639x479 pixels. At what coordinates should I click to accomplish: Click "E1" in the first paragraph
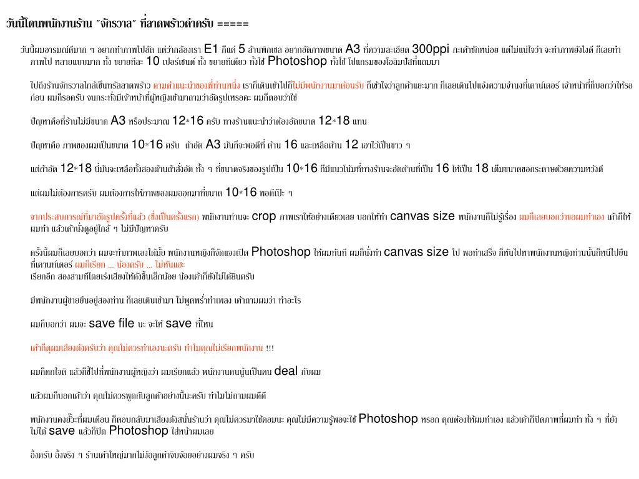click(211, 49)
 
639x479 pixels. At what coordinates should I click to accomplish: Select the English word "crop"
click(264, 216)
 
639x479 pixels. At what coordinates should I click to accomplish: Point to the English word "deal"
click(286, 371)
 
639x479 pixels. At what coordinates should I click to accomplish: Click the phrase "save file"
click(112, 323)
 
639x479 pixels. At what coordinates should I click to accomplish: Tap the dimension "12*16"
click(188, 120)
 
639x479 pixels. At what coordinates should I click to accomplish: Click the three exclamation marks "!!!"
click(270, 348)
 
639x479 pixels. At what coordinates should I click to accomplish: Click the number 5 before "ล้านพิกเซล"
click(241, 49)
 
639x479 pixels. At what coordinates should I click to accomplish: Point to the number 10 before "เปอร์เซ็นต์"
click(153, 61)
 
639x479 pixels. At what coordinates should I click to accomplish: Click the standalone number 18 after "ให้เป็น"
click(482, 168)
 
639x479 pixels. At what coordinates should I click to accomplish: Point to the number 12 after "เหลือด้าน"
click(351, 144)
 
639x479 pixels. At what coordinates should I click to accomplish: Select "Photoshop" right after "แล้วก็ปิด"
click(139, 430)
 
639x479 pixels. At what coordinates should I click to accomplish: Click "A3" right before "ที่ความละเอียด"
click(353, 49)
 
